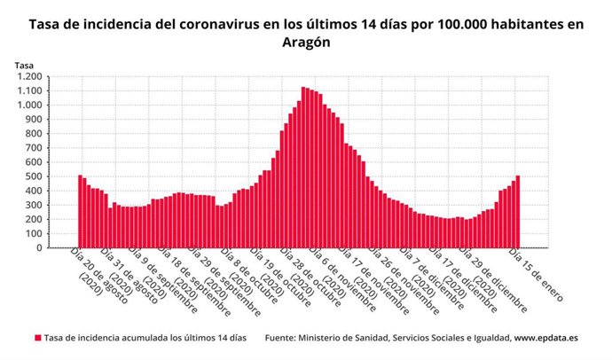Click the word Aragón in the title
click(x=306, y=43)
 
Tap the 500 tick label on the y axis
click(x=34, y=176)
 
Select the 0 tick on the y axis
click(x=40, y=248)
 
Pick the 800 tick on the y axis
click(x=34, y=134)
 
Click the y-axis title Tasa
click(x=24, y=64)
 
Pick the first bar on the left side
click(x=80, y=212)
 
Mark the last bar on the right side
click(x=518, y=212)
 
